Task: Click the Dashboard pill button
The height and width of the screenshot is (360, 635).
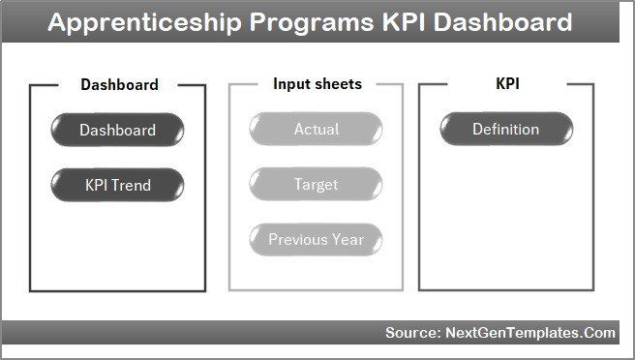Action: pos(117,130)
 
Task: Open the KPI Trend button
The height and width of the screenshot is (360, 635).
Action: pos(117,185)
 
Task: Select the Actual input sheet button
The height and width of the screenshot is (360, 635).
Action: pos(316,129)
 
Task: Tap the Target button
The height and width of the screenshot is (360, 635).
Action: pos(316,184)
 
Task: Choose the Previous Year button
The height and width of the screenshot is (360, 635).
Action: pos(316,239)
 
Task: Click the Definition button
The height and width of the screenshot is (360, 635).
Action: pos(505,129)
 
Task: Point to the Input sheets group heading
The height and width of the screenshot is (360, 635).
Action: pos(317,84)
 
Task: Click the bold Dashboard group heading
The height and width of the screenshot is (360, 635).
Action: pos(119,84)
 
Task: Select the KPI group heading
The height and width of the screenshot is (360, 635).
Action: pos(506,84)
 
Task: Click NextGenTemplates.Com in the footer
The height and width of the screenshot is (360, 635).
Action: pos(529,333)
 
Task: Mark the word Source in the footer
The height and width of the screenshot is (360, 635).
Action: pos(410,333)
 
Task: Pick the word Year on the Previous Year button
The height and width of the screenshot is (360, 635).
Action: pos(348,239)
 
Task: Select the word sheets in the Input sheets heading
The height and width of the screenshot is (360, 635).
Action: pos(338,84)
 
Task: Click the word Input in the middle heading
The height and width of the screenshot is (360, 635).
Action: pos(291,84)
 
